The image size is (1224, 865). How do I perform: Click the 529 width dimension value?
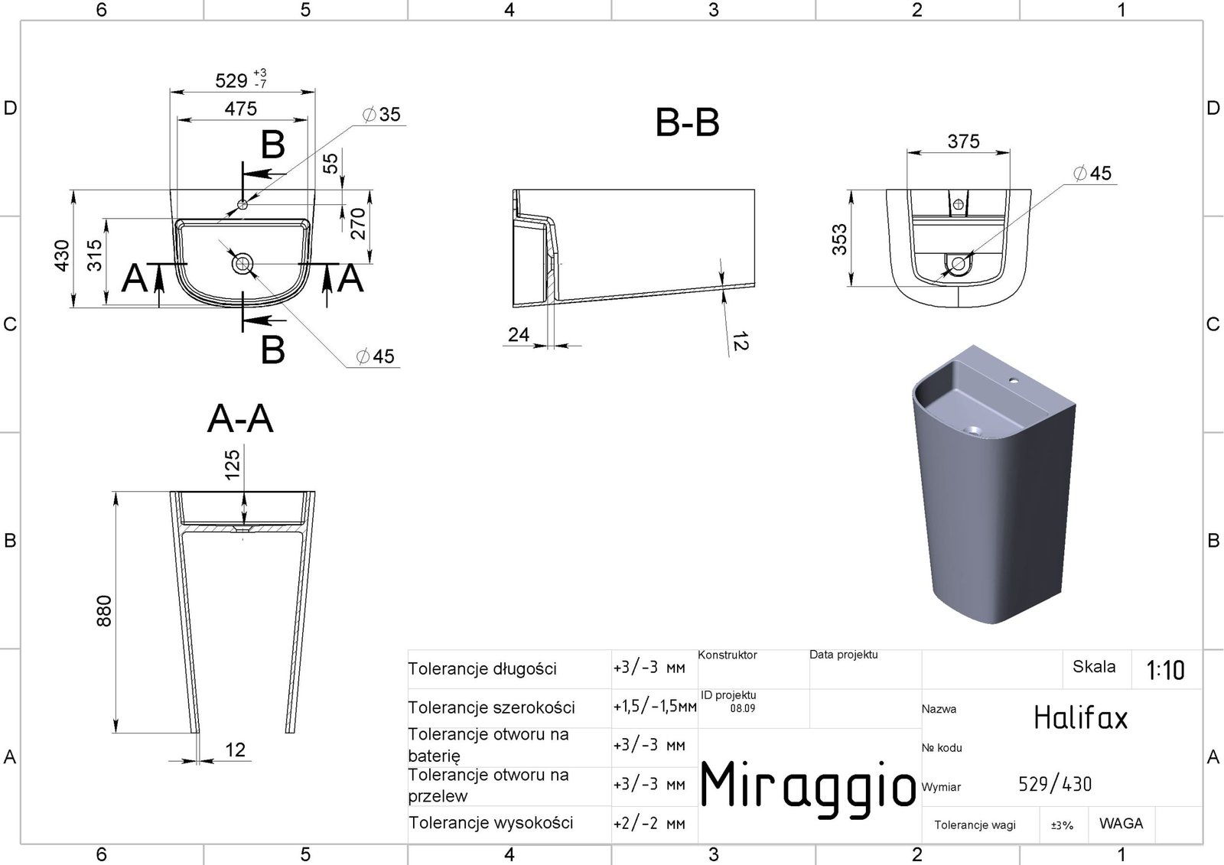click(231, 81)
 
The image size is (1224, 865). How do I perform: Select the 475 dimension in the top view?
click(240, 109)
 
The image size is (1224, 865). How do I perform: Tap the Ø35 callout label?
click(382, 114)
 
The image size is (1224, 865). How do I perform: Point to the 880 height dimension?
click(104, 611)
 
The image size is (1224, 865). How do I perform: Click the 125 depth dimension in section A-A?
click(233, 464)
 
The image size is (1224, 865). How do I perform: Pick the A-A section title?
click(240, 419)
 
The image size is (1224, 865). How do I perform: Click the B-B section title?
click(687, 122)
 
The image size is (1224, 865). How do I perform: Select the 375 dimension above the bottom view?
click(963, 141)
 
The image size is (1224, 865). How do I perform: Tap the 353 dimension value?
click(839, 239)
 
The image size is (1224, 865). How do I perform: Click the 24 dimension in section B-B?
click(518, 334)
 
